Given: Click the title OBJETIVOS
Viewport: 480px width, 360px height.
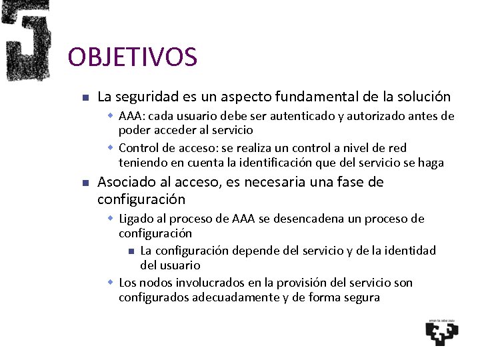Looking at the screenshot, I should [133, 57].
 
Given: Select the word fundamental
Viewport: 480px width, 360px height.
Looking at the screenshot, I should [296, 97].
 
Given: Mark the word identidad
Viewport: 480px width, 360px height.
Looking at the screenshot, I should [408, 251].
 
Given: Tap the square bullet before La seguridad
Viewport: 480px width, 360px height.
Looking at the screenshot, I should [85, 98].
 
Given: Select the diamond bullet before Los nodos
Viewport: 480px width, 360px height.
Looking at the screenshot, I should [111, 283].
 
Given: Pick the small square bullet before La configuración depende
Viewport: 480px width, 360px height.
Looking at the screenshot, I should [131, 251].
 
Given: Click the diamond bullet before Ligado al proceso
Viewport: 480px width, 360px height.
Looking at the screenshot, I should [111, 219].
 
